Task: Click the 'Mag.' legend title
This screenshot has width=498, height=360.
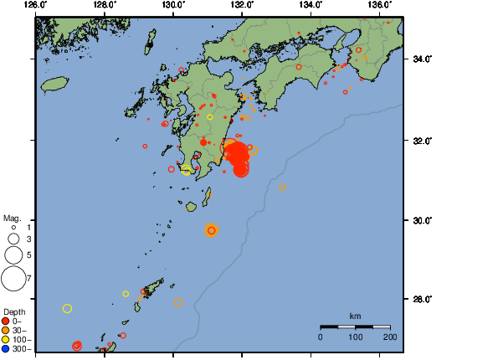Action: point(11,218)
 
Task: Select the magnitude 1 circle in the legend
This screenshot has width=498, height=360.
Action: point(14,227)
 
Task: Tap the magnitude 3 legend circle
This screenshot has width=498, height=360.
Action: point(14,239)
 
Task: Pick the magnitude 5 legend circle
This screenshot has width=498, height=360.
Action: point(14,254)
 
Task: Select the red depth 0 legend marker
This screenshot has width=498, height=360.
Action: point(6,321)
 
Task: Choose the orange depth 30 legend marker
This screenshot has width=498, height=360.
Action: point(6,330)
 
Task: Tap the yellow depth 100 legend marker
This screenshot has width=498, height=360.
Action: point(6,339)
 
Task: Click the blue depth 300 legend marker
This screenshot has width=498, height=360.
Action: point(6,348)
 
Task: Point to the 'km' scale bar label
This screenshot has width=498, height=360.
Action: point(355,316)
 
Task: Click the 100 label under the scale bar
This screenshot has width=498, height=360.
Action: point(355,337)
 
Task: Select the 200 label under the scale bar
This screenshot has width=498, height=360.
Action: point(390,337)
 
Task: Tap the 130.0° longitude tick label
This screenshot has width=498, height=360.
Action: point(172,5)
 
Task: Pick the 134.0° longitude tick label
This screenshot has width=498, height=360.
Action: point(311,5)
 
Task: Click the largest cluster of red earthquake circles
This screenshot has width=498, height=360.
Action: point(239,157)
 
